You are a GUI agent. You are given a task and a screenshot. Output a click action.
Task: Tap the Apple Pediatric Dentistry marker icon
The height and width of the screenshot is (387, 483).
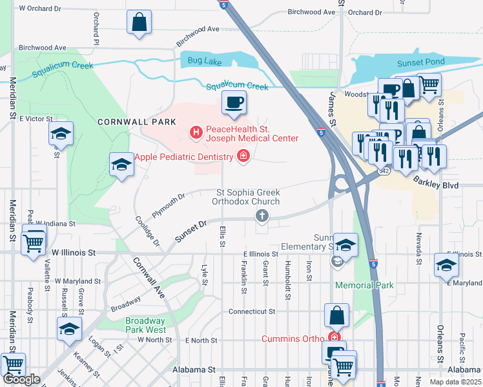[x=243, y=155]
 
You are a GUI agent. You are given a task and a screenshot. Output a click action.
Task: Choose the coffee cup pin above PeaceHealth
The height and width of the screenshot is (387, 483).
[x=234, y=102]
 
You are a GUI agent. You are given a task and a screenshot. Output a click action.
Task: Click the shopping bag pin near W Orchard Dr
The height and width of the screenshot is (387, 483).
[x=139, y=22]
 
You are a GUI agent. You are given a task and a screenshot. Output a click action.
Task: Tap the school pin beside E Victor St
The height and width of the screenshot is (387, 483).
[x=61, y=134]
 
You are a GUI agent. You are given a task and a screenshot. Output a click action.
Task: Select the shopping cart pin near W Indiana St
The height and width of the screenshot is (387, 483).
[x=34, y=243]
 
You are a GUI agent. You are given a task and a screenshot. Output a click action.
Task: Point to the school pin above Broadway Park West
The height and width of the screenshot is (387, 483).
[x=69, y=329]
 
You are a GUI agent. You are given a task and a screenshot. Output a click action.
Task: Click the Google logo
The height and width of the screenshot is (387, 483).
[x=21, y=379]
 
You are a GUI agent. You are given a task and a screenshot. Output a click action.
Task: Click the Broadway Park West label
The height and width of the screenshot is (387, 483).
[x=145, y=325]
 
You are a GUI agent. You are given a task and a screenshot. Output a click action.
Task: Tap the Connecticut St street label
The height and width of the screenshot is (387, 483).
[x=252, y=311]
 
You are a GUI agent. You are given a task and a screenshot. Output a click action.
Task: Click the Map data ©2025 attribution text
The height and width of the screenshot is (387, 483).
[x=455, y=382]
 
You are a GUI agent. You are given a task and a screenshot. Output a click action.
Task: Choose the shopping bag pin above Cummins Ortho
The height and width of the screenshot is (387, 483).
[x=337, y=316]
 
